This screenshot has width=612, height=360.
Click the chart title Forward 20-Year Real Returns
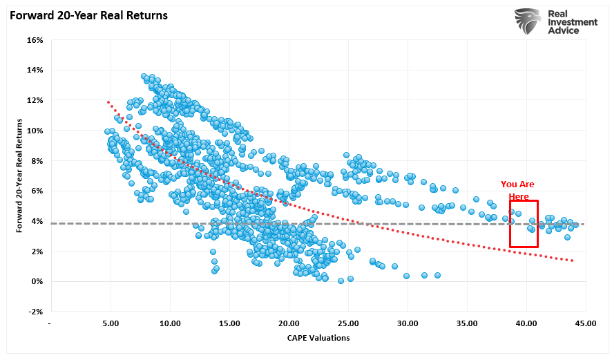tap(89, 15)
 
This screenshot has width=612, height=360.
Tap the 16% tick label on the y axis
tap(35, 40)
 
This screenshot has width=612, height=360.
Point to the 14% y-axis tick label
tap(35, 70)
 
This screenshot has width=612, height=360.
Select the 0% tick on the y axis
tap(37, 281)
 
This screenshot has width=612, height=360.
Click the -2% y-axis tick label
tap(35, 312)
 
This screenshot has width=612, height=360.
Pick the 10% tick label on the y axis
tap(35, 131)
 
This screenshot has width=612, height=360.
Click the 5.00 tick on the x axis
tap(111, 323)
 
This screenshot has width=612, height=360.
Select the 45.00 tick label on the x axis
tap(586, 323)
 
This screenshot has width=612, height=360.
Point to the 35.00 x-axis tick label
tap(467, 323)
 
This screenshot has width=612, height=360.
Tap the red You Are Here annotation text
tap(517, 190)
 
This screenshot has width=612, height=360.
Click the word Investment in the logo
tap(573, 23)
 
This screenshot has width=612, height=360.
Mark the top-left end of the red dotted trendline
tap(108, 102)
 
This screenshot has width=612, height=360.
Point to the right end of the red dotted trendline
tap(573, 260)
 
